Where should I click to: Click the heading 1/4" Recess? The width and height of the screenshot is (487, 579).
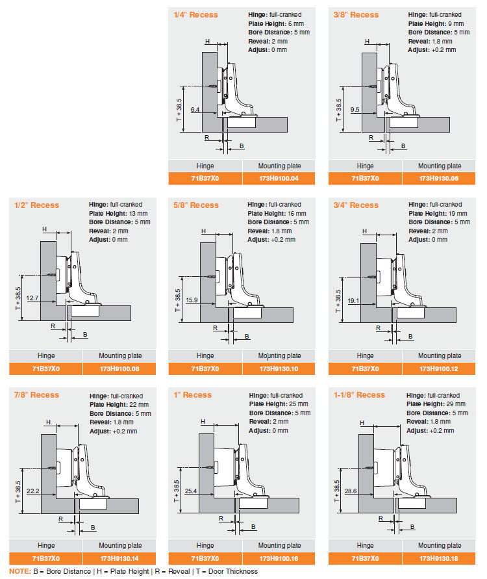(x=195, y=15)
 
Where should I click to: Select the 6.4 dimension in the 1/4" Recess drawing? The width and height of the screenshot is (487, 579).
(x=195, y=110)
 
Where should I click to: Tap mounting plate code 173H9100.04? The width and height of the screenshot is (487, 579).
(x=279, y=178)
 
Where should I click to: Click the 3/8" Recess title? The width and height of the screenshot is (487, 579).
(x=356, y=15)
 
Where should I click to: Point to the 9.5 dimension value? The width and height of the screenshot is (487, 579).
(x=355, y=110)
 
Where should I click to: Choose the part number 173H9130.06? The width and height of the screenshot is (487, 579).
(x=439, y=178)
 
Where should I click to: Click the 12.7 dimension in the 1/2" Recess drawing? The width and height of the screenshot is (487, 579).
(x=32, y=298)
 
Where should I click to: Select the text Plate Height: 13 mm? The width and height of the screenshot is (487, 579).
(x=118, y=213)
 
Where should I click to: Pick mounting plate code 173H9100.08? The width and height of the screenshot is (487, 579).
(x=119, y=368)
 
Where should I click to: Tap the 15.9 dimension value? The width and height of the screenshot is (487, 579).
(x=192, y=300)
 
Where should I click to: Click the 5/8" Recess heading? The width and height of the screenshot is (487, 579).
(x=196, y=205)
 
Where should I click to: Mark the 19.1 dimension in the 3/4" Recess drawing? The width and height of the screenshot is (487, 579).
(x=353, y=301)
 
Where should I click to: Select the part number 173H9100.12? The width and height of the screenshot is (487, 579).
(x=439, y=368)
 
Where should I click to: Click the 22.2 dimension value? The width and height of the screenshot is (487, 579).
(x=33, y=491)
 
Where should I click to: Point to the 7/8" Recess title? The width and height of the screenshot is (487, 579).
(x=36, y=394)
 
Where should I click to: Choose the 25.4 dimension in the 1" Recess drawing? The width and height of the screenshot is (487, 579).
(x=191, y=491)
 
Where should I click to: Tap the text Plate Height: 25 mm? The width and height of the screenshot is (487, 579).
(x=279, y=404)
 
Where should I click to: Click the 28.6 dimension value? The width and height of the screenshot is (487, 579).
(x=351, y=491)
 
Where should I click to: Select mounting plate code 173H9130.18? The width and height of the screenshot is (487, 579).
(x=439, y=558)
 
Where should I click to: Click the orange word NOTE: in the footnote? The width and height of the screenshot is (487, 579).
(x=20, y=571)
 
